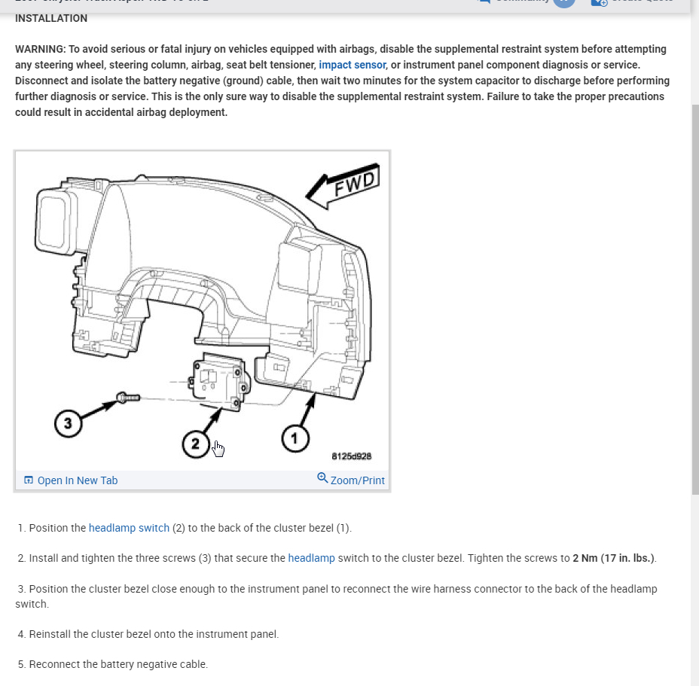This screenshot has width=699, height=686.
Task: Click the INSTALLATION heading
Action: (51, 18)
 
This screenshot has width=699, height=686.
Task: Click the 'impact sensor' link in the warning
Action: (352, 65)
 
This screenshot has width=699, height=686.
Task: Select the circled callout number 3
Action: (68, 424)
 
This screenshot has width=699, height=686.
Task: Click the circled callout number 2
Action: (195, 444)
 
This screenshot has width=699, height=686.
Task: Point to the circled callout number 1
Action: (295, 438)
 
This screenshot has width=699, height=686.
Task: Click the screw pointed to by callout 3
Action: (126, 397)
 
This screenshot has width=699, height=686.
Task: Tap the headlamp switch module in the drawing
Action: (219, 382)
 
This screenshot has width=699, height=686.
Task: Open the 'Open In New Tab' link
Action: (77, 480)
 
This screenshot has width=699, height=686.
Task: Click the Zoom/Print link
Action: (357, 480)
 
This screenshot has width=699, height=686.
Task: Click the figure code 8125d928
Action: (351, 456)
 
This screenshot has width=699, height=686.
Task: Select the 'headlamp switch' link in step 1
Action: (129, 528)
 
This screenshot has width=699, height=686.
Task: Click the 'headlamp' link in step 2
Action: (311, 558)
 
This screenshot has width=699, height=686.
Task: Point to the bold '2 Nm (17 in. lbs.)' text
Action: (613, 558)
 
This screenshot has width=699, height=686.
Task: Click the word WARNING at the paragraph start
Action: (39, 49)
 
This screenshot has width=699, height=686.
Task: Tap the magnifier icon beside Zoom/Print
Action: (322, 478)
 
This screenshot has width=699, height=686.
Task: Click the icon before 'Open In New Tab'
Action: (29, 480)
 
